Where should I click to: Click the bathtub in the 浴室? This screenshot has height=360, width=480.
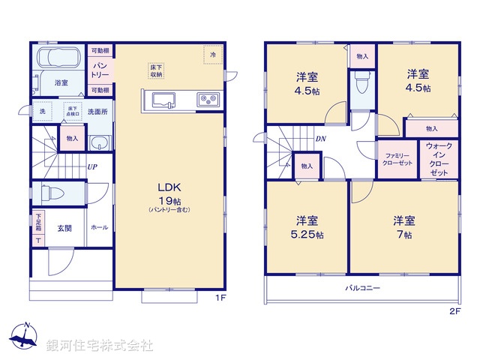tap(58, 59)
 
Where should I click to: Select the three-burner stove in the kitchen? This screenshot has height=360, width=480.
tap(208, 100)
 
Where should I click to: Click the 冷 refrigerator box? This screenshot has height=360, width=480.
tap(213, 55)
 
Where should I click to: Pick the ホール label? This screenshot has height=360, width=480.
tap(99, 227)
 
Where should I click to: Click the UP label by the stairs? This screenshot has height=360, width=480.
tap(91, 167)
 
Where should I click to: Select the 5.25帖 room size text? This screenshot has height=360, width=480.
tap(308, 234)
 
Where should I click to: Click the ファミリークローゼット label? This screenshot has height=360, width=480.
tap(396, 159)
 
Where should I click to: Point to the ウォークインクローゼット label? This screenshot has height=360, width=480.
tap(439, 159)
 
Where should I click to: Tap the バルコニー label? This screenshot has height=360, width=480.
tap(363, 288)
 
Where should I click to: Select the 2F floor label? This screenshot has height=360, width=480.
tap(454, 310)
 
